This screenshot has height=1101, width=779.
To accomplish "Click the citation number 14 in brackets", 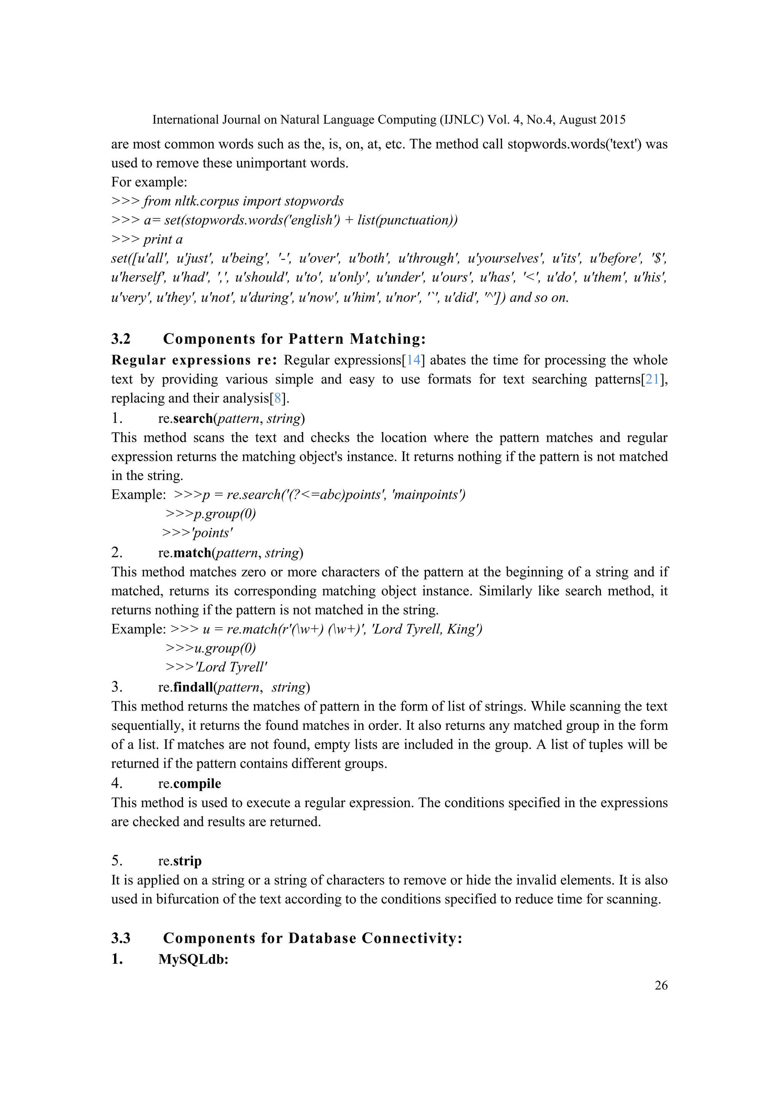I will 413,360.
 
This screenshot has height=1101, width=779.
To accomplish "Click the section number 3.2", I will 121,339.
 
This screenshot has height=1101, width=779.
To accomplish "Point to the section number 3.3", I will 121,938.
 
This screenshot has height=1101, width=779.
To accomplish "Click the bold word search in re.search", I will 193,419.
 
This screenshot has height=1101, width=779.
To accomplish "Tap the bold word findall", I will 193,687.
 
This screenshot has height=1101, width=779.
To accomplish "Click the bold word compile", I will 197,784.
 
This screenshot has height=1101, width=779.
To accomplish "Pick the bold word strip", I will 187,861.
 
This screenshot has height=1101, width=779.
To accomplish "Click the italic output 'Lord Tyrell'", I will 231,667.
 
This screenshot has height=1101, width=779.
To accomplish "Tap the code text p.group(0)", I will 224,514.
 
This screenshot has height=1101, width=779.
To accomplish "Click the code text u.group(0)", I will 224,648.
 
